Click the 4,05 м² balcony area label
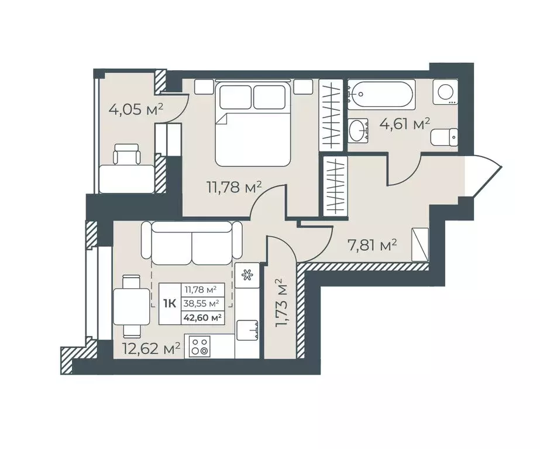point(136,110)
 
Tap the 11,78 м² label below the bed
point(234,187)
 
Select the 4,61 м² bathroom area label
point(405,124)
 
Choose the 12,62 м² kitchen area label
point(152,348)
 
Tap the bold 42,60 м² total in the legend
point(203,317)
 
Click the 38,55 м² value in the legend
point(203,304)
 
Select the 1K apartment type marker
point(170,304)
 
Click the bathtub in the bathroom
point(380,94)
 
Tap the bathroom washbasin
point(359,130)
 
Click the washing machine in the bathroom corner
point(446,92)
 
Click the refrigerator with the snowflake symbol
point(247,275)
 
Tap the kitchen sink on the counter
point(247,331)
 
